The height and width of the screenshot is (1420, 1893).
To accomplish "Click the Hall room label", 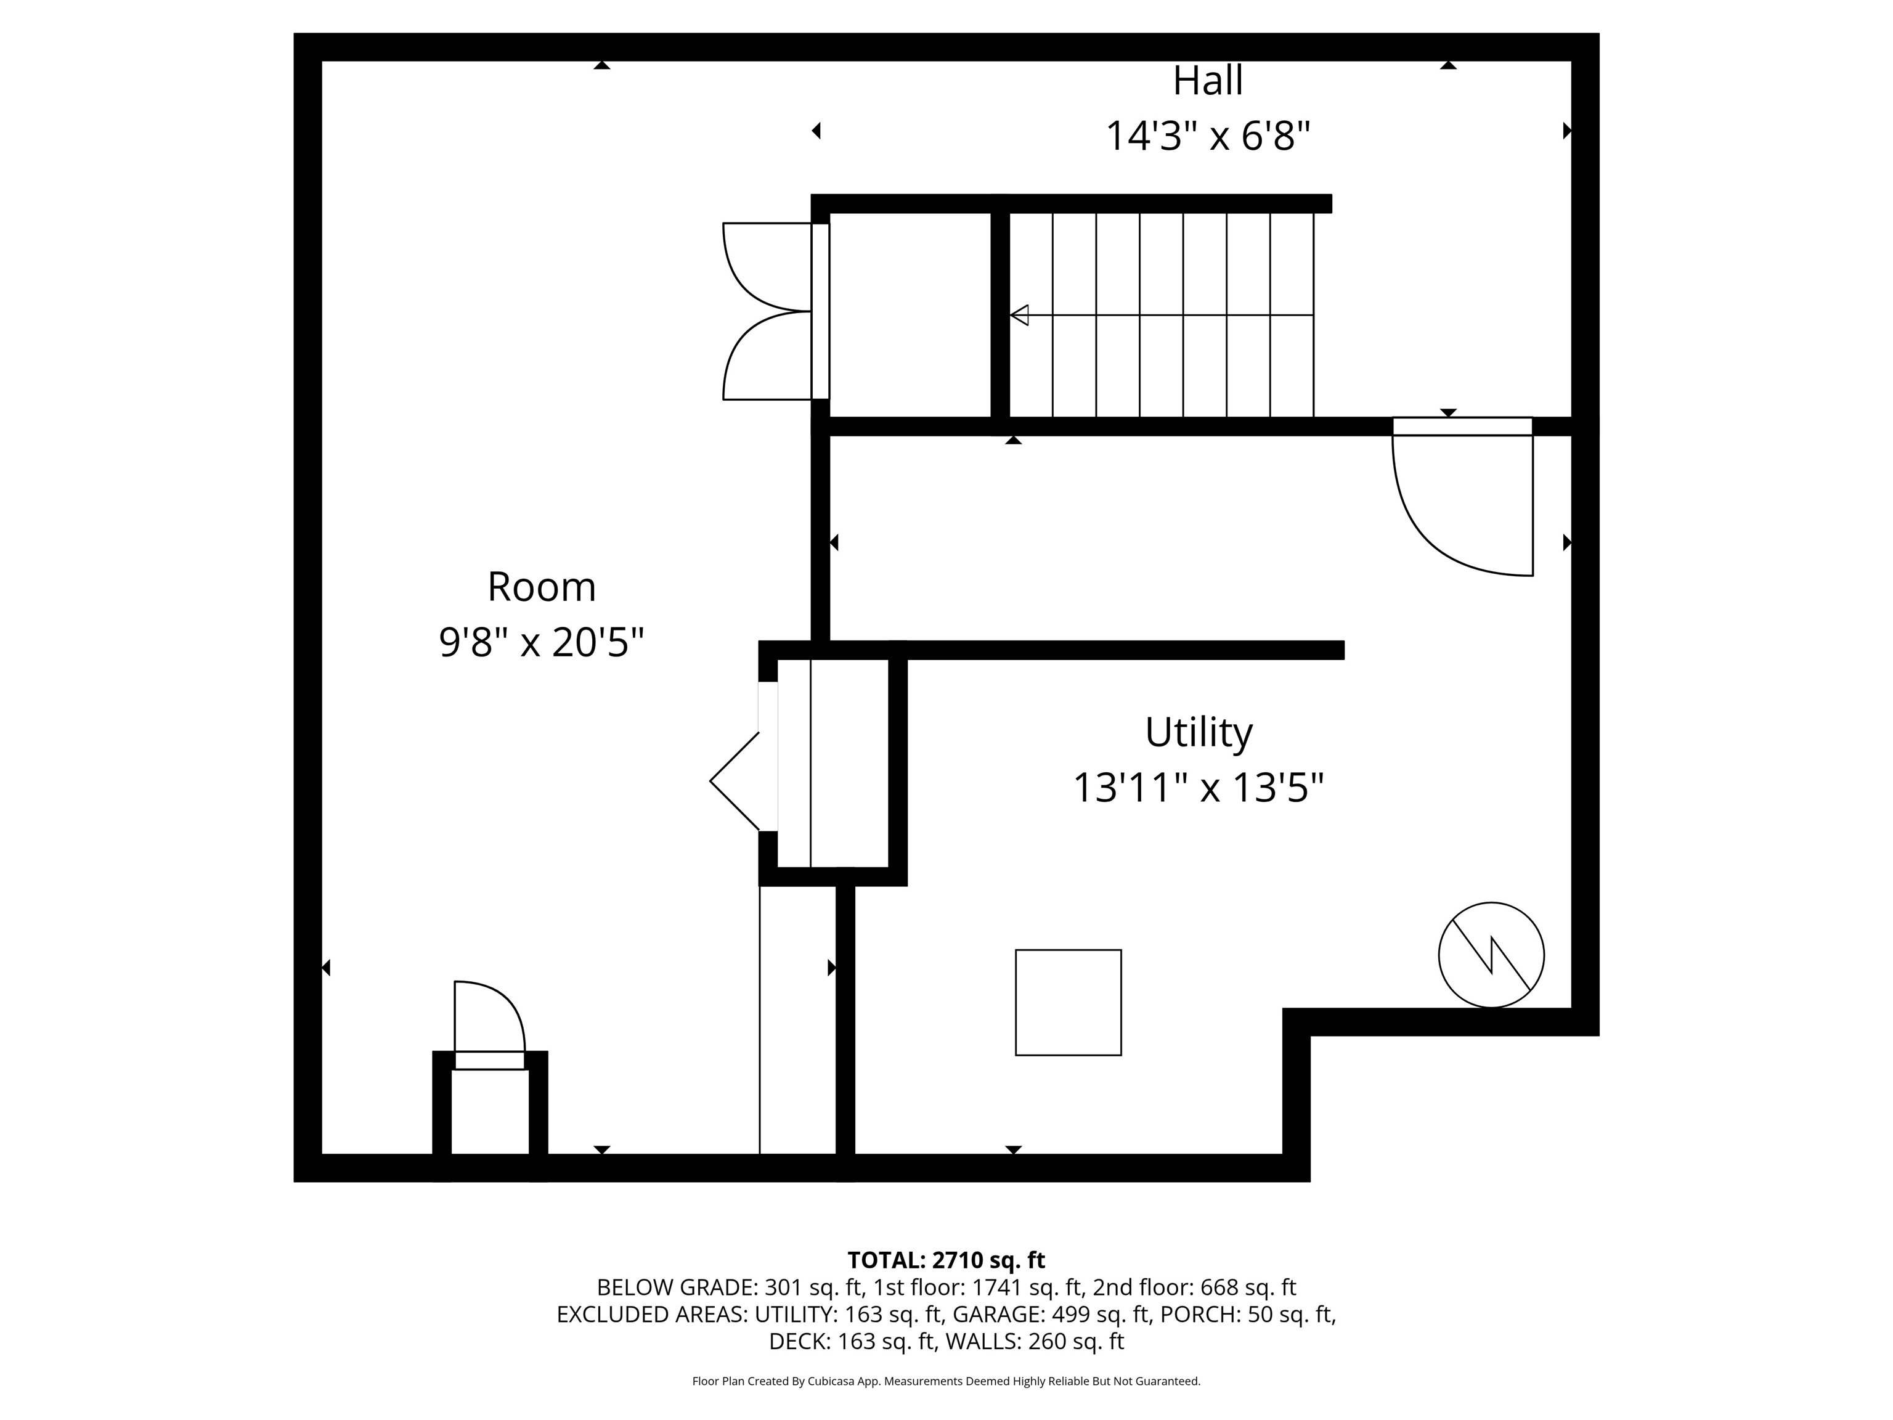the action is point(1208,81).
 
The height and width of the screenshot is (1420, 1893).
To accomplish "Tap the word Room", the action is point(542,587).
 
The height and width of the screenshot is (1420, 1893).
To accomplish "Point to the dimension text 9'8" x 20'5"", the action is point(542,642).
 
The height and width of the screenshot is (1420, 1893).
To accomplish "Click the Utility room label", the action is point(1199,733).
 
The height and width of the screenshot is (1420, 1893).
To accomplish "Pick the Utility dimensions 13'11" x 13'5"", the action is point(1199,788).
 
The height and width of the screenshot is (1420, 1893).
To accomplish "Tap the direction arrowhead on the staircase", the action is point(1019,315).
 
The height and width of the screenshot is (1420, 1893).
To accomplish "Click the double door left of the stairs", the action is point(775,312).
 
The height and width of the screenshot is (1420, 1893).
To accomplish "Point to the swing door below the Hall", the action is point(1462,496).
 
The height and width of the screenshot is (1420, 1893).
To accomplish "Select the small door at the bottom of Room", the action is point(489,1024).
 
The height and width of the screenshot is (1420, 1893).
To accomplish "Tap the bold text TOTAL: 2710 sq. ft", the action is point(946,1260).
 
